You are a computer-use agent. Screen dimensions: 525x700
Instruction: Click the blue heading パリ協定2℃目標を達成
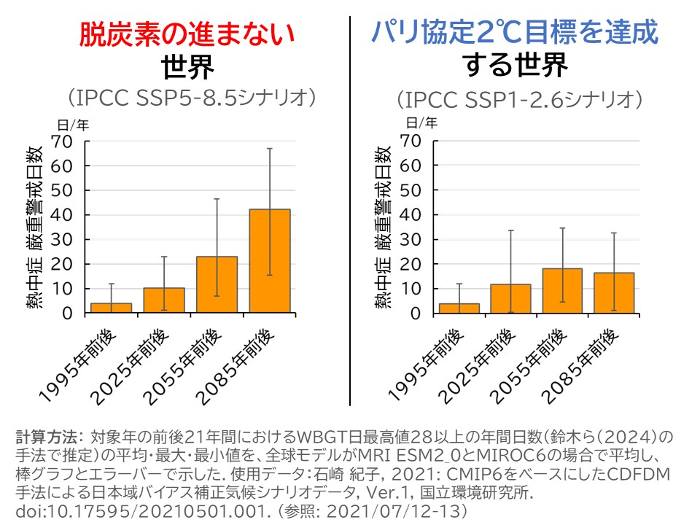[x=516, y=32]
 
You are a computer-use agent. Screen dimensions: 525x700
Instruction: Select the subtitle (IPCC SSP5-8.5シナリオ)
[x=187, y=98]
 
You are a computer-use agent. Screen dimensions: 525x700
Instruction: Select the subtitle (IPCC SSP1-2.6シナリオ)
[x=518, y=98]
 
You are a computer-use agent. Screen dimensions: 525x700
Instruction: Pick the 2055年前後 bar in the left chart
[x=217, y=285]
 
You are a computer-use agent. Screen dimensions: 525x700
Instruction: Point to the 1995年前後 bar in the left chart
[x=112, y=308]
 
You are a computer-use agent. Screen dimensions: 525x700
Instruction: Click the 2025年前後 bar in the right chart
[x=510, y=299]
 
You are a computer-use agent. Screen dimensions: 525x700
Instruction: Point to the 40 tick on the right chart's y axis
[x=412, y=215]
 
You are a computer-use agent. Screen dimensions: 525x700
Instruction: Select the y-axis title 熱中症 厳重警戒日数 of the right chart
[x=384, y=227]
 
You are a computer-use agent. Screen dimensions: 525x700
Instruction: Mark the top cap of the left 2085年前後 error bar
[x=270, y=149]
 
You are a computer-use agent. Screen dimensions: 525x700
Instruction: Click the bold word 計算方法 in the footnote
[x=47, y=438]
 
